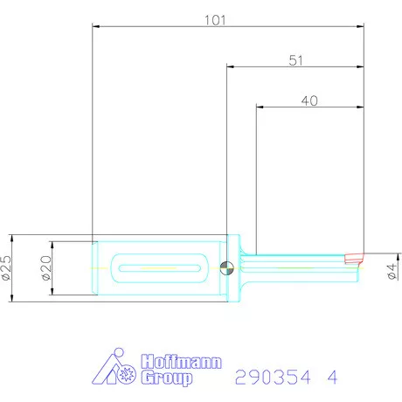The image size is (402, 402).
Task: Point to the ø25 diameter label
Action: (x=7, y=267)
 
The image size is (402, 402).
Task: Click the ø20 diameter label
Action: (x=46, y=267)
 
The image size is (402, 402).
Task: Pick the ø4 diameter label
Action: (x=392, y=267)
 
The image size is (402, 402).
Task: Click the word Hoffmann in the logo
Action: (x=182, y=362)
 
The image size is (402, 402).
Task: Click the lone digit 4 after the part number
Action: (x=332, y=378)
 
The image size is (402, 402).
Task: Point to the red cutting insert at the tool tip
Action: (x=353, y=258)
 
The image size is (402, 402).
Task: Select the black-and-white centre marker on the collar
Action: (x=229, y=267)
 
